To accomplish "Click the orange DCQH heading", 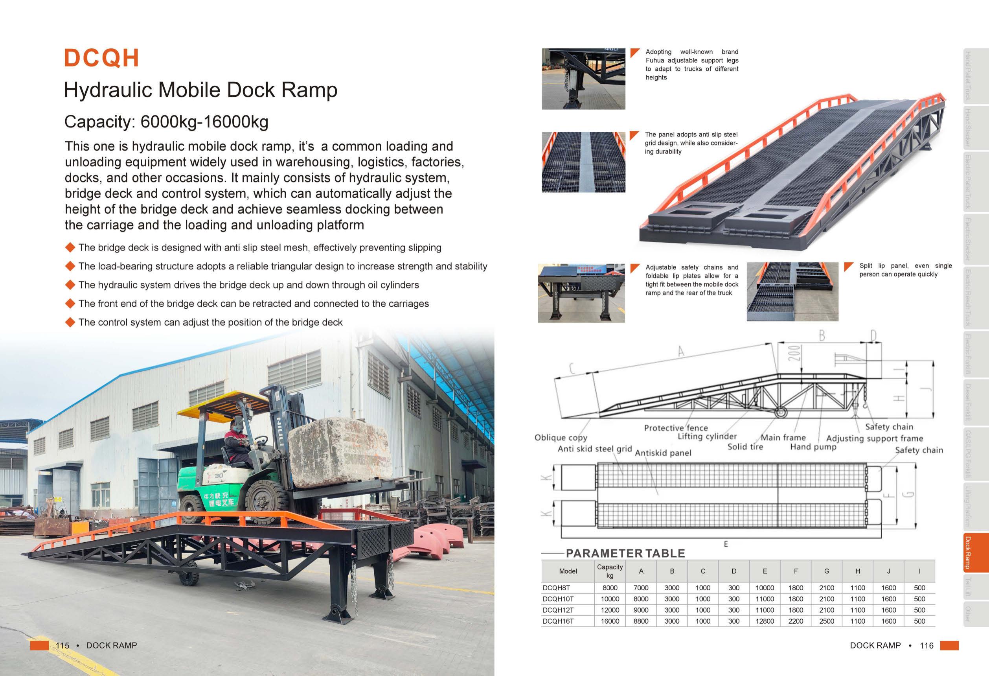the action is [101, 58].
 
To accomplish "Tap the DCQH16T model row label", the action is [558, 621].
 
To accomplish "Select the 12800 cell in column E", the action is [764, 621].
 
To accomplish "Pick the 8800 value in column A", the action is [640, 621].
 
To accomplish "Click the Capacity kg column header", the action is [609, 571].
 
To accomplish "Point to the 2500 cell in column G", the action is [826, 621].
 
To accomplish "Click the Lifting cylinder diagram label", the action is [707, 437].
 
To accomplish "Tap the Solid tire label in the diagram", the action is [745, 447].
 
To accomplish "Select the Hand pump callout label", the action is [813, 447].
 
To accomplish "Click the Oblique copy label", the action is [561, 438].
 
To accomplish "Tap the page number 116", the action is [926, 645].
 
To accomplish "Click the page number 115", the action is [62, 645].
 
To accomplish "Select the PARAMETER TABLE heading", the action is [625, 553].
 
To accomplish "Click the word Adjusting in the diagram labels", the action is [844, 438].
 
